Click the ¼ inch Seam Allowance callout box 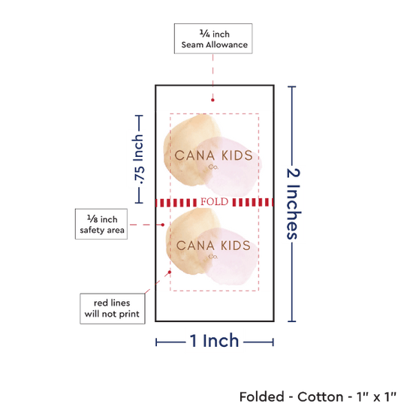point(213,39)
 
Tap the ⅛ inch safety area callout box point(101,225)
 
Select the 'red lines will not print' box point(113,309)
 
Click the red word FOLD point(215,202)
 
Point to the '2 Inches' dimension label point(293,203)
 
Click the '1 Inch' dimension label point(214,341)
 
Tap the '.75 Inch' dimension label point(139,159)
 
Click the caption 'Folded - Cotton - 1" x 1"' point(318,396)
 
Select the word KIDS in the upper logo point(237,155)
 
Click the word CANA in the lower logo point(195,246)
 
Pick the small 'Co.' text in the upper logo point(213,167)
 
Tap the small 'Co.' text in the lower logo point(213,256)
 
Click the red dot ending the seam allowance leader point(213,100)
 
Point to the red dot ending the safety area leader point(163,225)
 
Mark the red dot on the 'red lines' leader point(170,272)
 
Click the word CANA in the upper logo point(194,155)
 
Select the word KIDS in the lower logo point(236,246)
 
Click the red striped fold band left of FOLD point(176,203)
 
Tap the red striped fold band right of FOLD point(252,202)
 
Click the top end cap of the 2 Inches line point(292,86)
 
